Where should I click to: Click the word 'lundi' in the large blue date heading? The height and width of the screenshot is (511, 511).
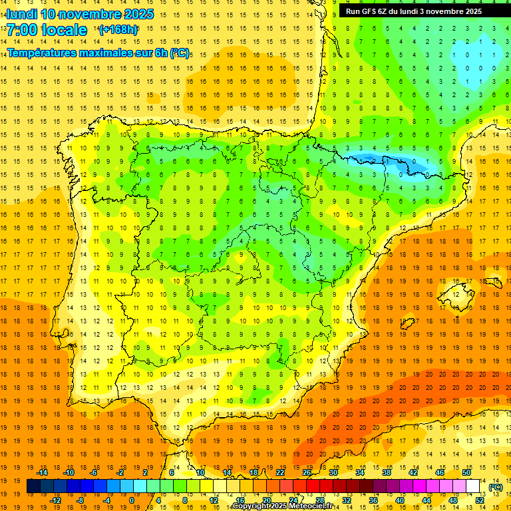click(x=22, y=14)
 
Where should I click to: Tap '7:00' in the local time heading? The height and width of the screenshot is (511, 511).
click(x=23, y=31)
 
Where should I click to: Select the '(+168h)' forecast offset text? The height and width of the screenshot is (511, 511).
click(x=118, y=30)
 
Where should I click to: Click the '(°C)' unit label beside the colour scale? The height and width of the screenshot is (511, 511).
click(x=495, y=486)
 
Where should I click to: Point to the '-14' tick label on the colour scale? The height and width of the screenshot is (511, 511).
click(x=42, y=472)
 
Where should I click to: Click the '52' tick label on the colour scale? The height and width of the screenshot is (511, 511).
click(x=480, y=500)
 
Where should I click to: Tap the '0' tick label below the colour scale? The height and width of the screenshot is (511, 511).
click(x=132, y=500)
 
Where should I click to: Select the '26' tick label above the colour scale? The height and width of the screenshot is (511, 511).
click(x=307, y=472)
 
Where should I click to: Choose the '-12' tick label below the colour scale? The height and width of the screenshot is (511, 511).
click(x=55, y=500)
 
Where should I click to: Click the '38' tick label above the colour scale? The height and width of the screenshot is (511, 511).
click(x=386, y=472)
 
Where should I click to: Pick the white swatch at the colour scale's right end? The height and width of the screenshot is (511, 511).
click(x=472, y=486)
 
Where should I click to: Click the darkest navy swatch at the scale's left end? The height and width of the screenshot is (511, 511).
click(x=34, y=486)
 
